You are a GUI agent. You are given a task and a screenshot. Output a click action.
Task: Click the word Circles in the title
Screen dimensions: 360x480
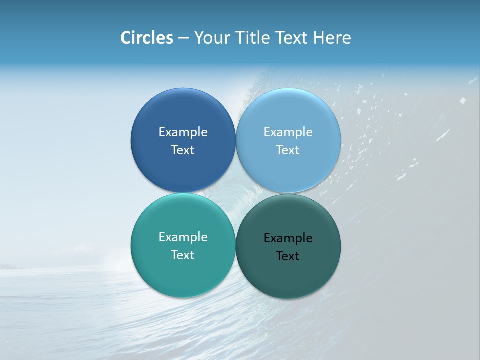point(147,38)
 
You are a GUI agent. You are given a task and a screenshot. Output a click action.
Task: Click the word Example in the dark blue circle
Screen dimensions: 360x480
point(183,132)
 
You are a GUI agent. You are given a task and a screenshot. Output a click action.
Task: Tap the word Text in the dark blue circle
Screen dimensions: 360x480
point(183,150)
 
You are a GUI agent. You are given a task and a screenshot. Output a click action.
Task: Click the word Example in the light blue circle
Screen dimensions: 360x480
point(288,132)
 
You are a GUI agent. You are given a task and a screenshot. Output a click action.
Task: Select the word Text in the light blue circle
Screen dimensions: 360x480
point(288,150)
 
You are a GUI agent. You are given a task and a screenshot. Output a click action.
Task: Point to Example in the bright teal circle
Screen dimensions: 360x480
point(183,237)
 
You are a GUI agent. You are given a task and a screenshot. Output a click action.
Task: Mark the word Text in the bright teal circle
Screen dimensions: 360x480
point(183,255)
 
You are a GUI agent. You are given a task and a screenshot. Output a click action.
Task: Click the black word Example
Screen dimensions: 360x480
point(288,238)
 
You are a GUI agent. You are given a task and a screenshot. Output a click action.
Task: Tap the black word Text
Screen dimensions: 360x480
point(288,256)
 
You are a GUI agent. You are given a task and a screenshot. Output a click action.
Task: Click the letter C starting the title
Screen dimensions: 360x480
point(126,38)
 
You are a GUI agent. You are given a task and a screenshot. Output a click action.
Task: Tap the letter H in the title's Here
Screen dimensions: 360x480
point(318,38)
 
